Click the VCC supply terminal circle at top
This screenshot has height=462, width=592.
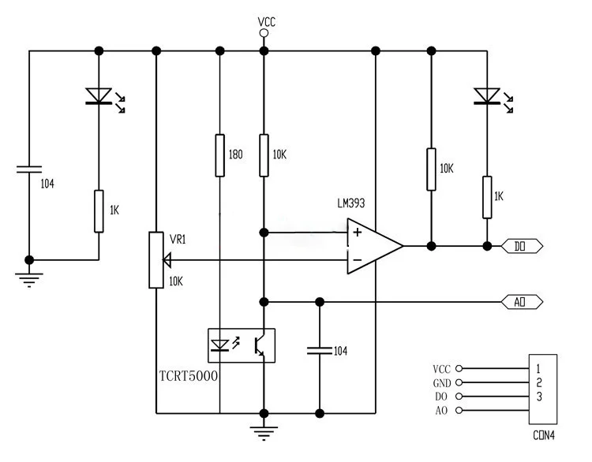[x=264, y=33]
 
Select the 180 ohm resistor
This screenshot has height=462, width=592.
[x=219, y=155]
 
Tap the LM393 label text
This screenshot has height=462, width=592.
[x=351, y=203]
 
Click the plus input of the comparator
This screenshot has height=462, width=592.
[x=357, y=233]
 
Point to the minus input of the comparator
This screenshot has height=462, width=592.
[x=357, y=260]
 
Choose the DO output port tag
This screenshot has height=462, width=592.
[x=522, y=246]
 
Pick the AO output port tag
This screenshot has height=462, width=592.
[x=522, y=302]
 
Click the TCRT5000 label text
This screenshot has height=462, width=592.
[x=189, y=376]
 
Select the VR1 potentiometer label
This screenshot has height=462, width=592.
[x=178, y=240]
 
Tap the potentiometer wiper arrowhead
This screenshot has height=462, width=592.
[x=167, y=260]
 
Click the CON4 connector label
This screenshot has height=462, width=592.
[x=544, y=436]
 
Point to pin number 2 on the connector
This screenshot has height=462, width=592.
[x=539, y=383]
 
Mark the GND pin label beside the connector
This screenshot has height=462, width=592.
[x=442, y=383]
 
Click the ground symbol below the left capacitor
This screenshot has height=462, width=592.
[x=29, y=280]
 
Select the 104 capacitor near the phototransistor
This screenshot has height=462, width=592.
[x=320, y=351]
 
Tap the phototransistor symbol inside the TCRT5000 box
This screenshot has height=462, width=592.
[x=260, y=345]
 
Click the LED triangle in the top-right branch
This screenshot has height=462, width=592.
[x=487, y=96]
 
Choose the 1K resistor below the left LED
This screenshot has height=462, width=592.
[x=99, y=211]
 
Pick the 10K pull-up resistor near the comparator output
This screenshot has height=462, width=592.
[x=431, y=170]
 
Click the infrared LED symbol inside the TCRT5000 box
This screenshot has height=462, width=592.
[x=219, y=345]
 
